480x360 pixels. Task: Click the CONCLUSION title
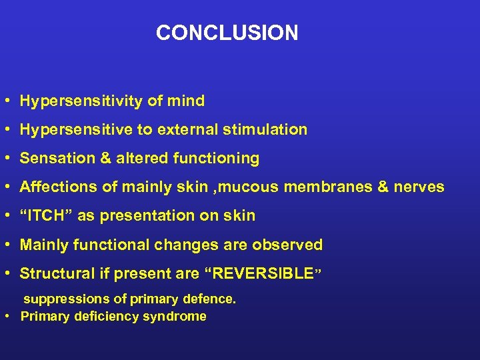tap(227, 33)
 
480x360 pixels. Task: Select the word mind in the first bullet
tap(187, 101)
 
